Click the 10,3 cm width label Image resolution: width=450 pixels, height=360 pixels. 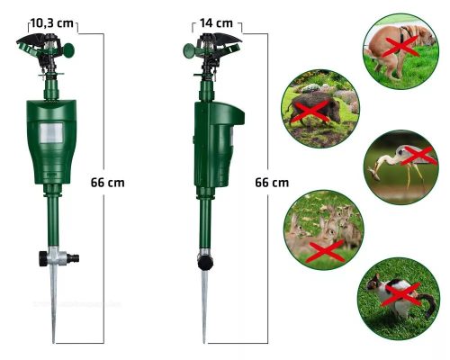[52, 22]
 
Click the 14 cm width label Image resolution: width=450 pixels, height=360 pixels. [216, 22]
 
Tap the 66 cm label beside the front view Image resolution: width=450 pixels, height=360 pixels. [107, 183]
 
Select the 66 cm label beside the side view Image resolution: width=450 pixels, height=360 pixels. [272, 183]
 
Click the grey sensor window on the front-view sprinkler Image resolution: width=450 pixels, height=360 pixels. [51, 133]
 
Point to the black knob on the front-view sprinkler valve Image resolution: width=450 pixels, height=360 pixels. [43, 258]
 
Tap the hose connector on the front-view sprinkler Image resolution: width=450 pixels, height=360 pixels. [73, 257]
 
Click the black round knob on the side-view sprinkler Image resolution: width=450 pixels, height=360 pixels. [205, 263]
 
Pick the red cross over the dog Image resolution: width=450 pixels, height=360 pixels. [400, 46]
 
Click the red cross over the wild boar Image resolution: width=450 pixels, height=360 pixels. [310, 112]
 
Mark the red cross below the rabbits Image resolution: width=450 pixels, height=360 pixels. [327, 251]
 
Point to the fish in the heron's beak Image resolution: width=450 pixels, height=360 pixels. [373, 173]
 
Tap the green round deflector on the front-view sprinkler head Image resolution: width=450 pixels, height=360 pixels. [68, 50]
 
